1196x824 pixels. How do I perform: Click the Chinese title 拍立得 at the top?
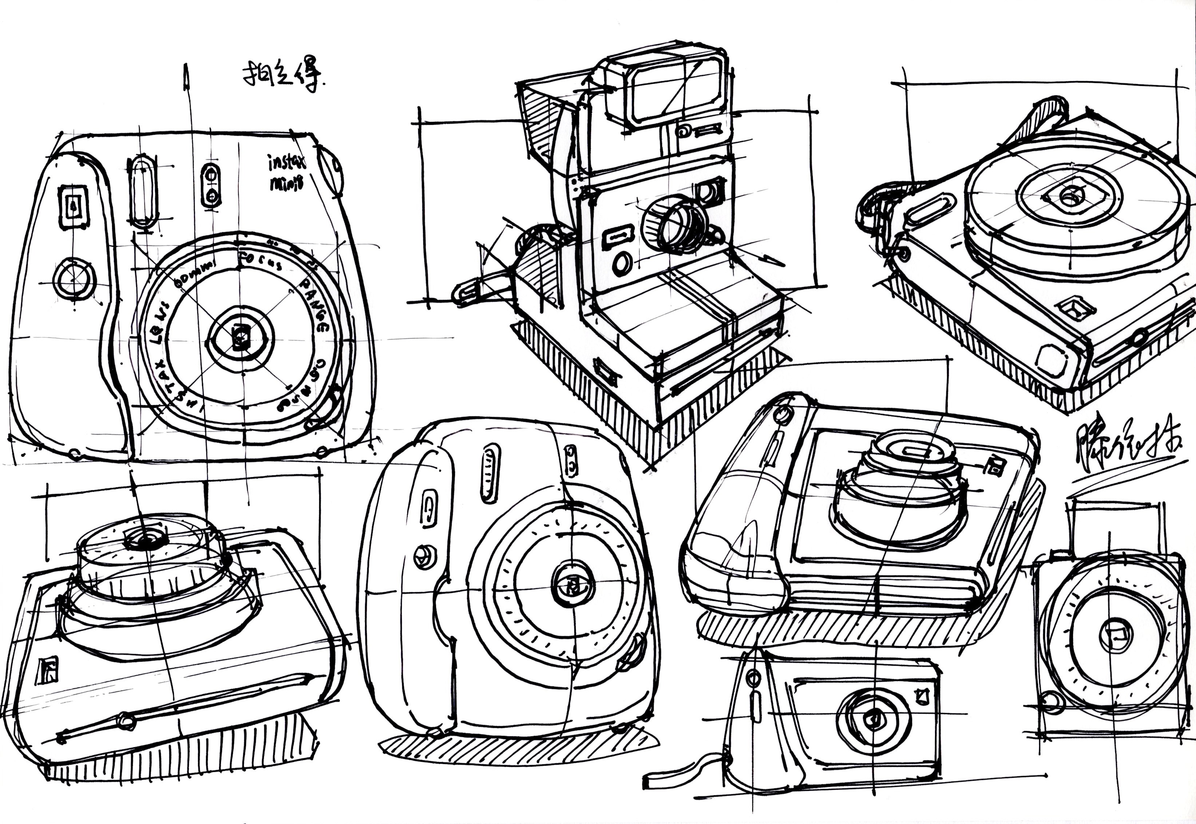coord(283,78)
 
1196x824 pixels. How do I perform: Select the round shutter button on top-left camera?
coord(75,280)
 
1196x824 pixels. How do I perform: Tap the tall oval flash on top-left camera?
coord(142,191)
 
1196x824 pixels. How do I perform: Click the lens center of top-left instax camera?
coord(240,338)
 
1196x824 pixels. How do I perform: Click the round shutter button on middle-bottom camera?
coord(424,556)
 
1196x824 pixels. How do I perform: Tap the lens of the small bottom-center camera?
coord(874,719)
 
